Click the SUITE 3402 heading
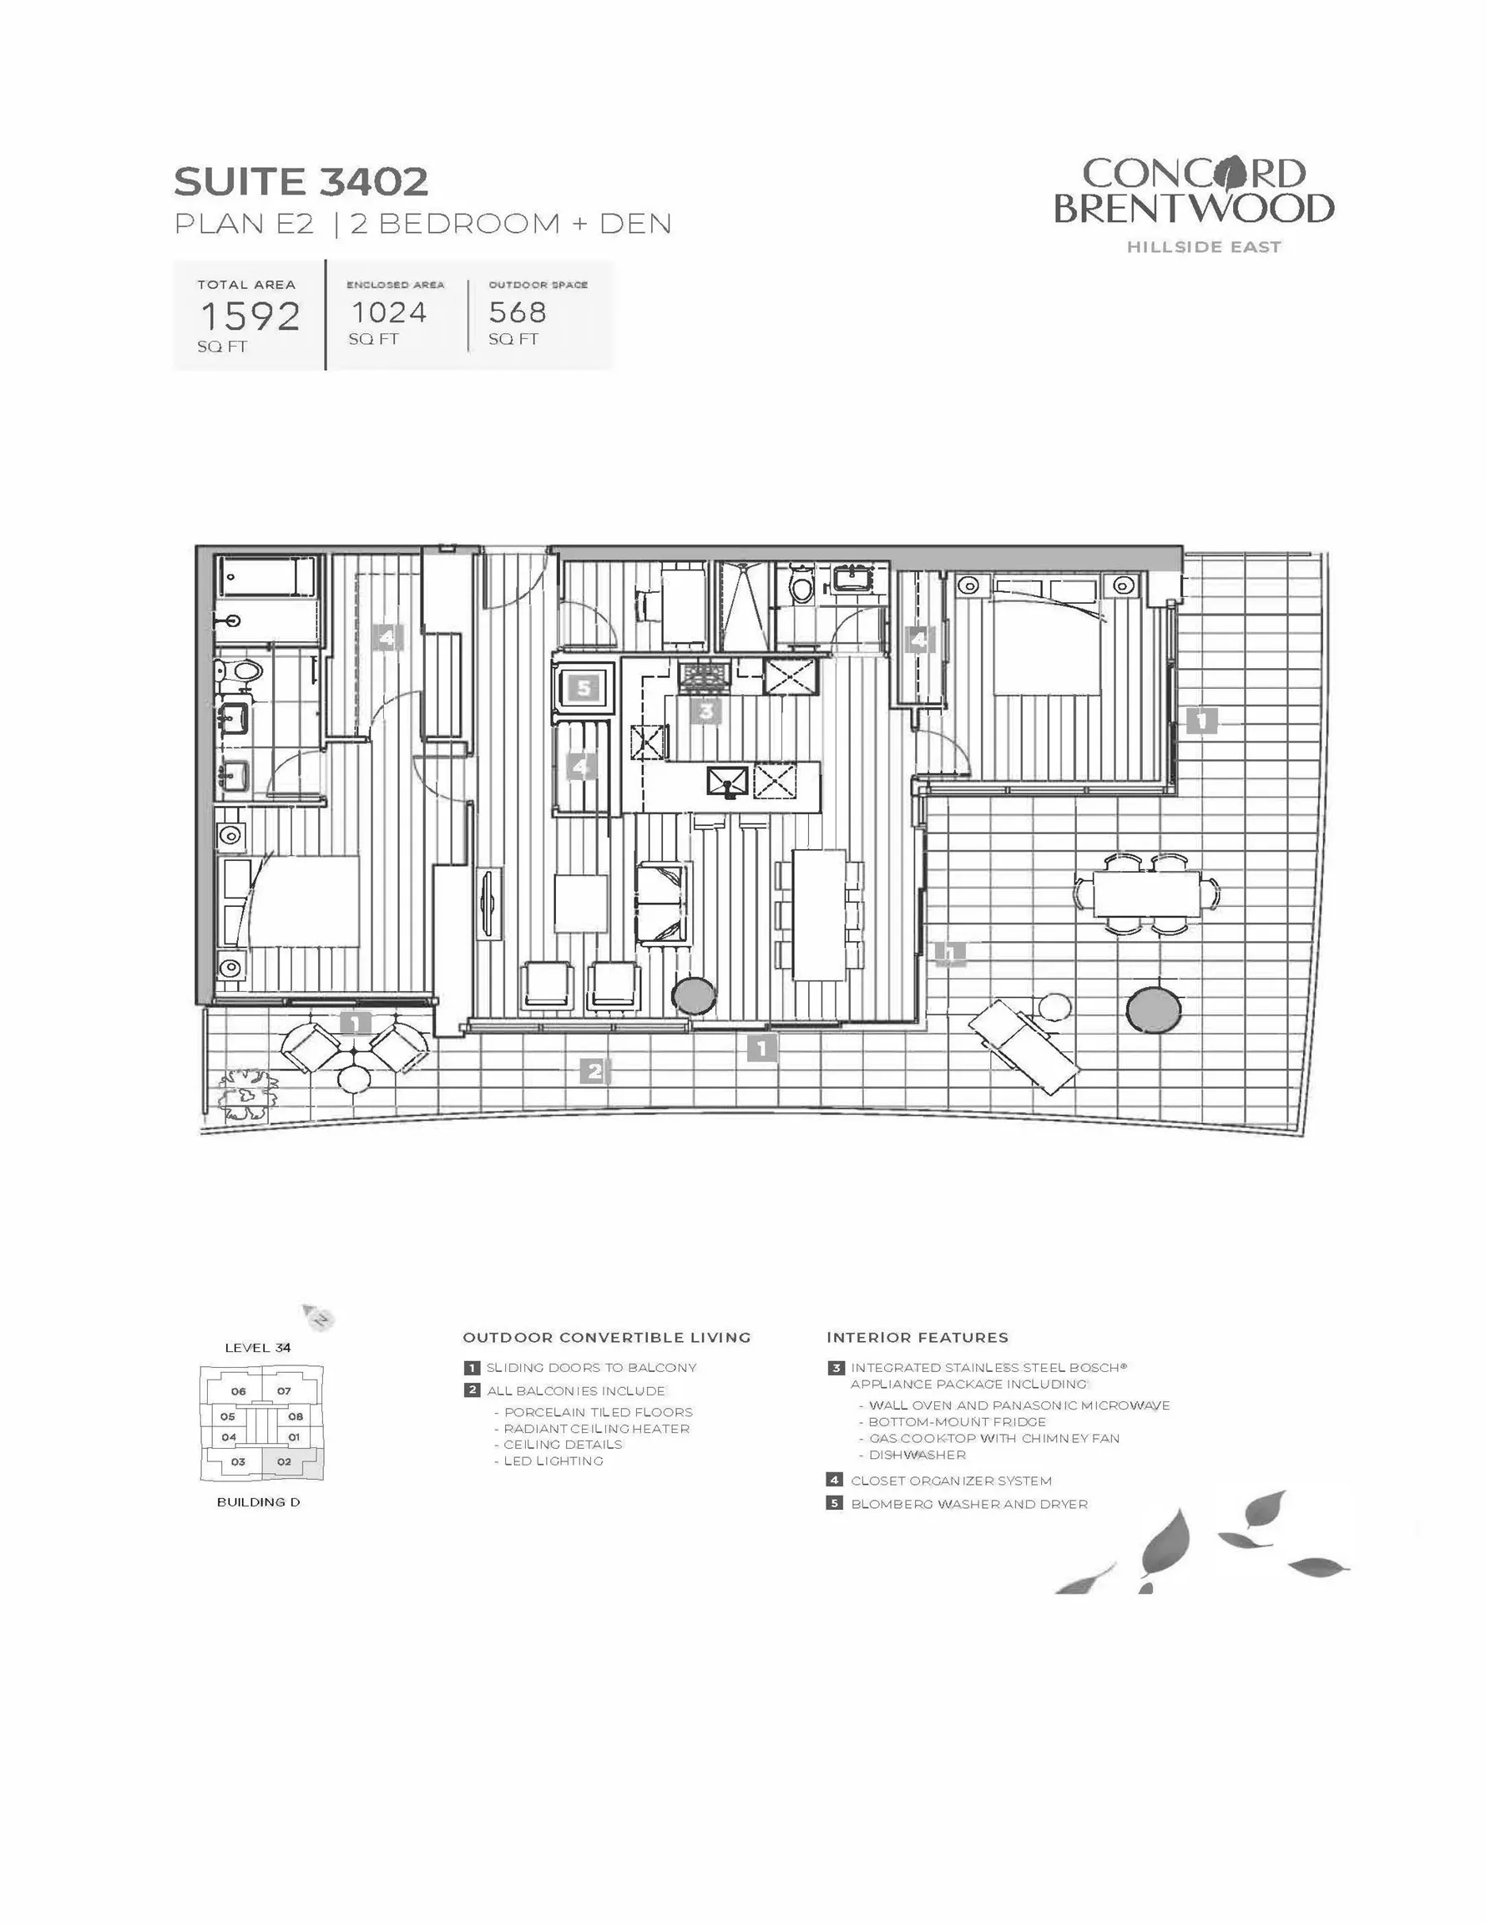coord(301,181)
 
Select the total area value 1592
coord(250,316)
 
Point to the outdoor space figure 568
coord(518,311)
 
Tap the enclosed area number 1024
coord(388,311)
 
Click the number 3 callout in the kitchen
coord(706,710)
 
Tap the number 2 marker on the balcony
coord(594,1071)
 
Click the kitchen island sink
coord(728,781)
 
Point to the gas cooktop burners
coord(704,676)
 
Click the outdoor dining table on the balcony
coord(1147,894)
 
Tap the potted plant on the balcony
coord(246,1092)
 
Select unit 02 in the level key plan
coord(284,1461)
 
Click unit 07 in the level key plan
coord(284,1391)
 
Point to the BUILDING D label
coord(258,1502)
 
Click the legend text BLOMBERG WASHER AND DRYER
coord(969,1504)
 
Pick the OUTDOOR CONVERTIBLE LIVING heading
coord(607,1337)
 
